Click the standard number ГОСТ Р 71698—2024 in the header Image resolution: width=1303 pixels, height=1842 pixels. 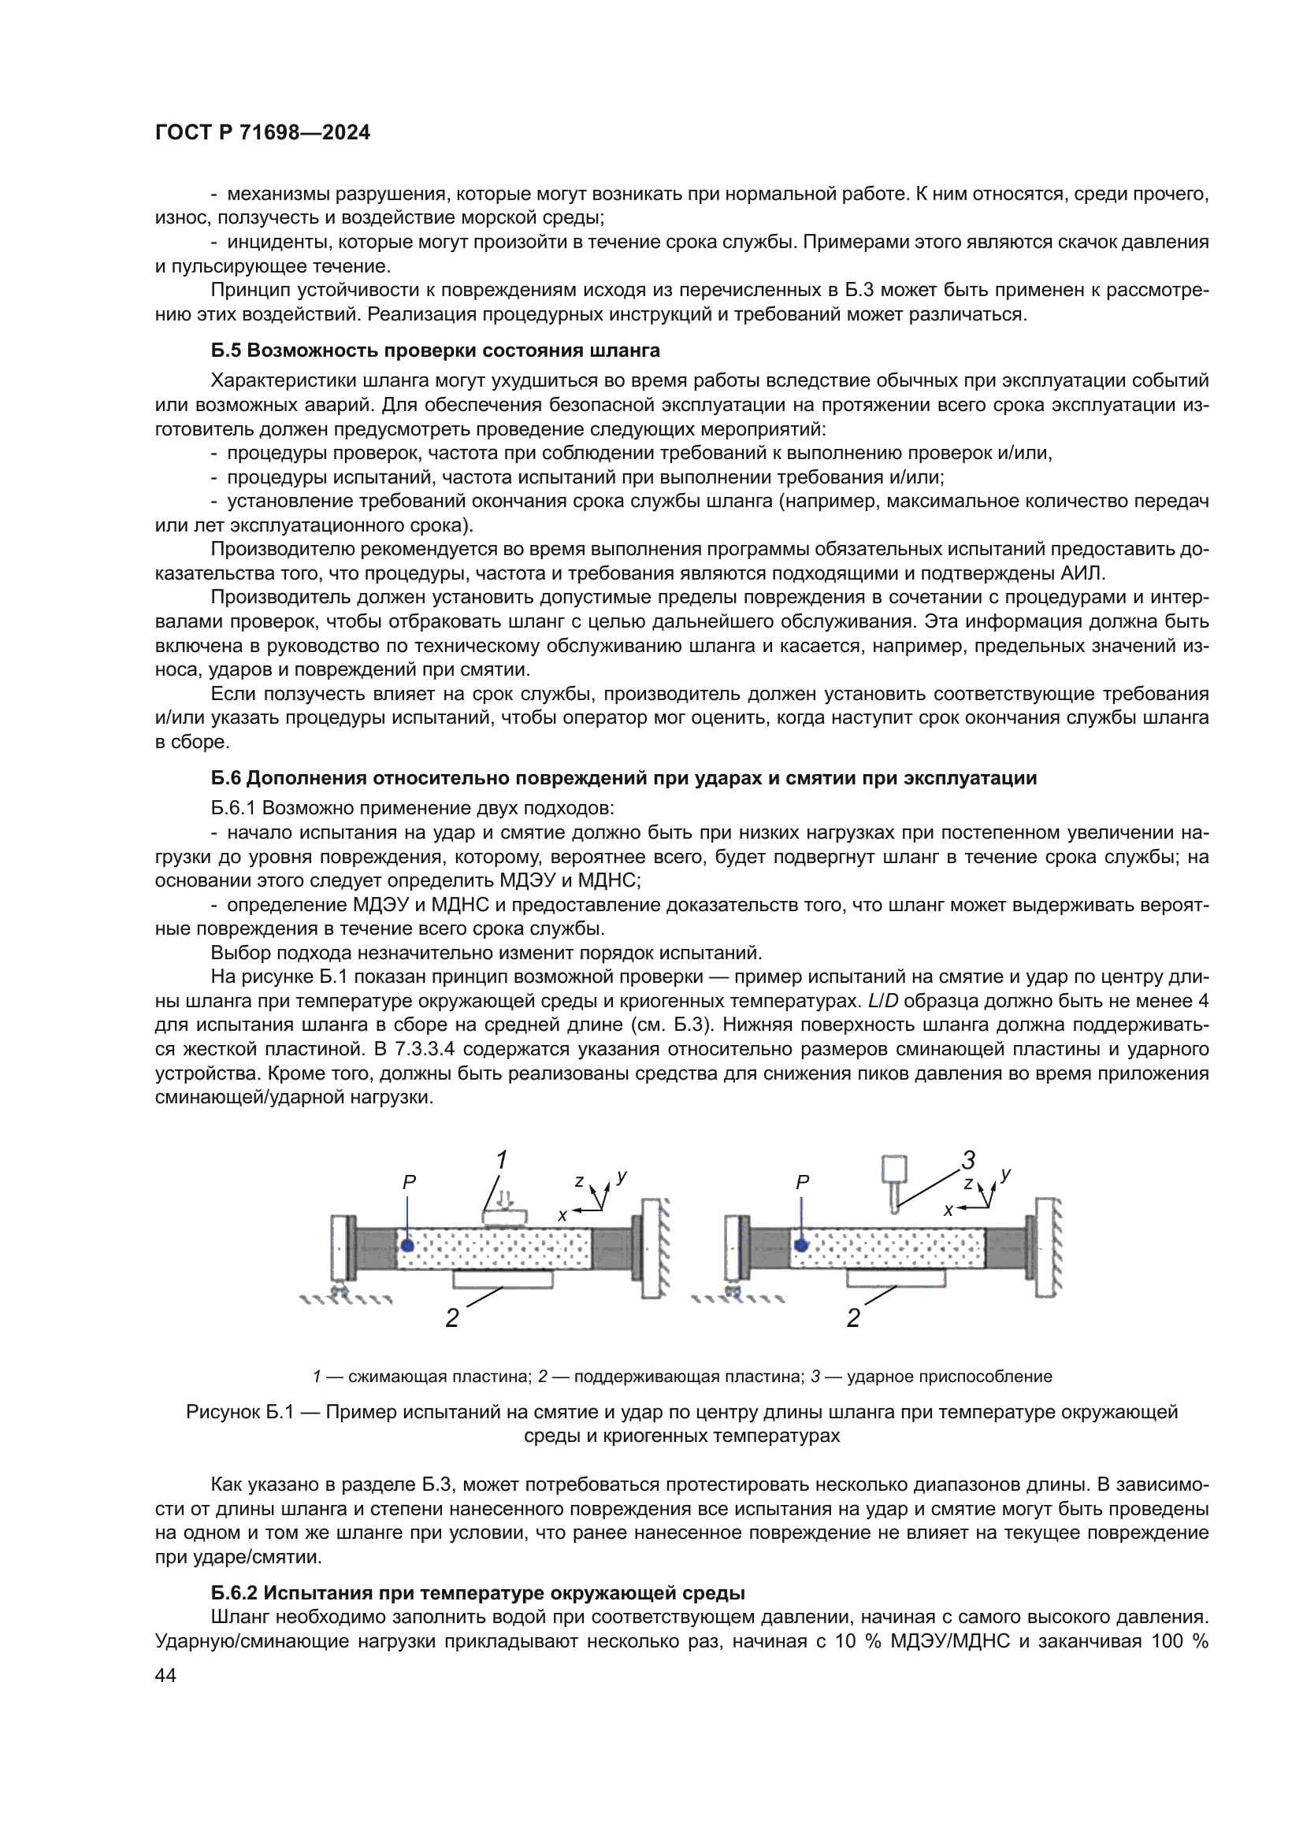262,133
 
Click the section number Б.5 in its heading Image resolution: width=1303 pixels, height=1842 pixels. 226,350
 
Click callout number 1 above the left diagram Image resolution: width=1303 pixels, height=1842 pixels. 502,1160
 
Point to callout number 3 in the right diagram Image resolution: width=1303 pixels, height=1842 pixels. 968,1160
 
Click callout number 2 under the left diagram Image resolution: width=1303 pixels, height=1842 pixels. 452,1318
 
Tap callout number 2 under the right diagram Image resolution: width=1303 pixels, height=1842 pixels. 853,1318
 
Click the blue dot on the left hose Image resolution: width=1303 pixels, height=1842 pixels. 407,1245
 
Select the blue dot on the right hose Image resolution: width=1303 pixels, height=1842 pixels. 800,1245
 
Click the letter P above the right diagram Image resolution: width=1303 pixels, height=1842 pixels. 802,1183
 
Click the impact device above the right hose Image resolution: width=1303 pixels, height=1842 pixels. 894,1181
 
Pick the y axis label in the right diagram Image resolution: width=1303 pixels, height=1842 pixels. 1006,1174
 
